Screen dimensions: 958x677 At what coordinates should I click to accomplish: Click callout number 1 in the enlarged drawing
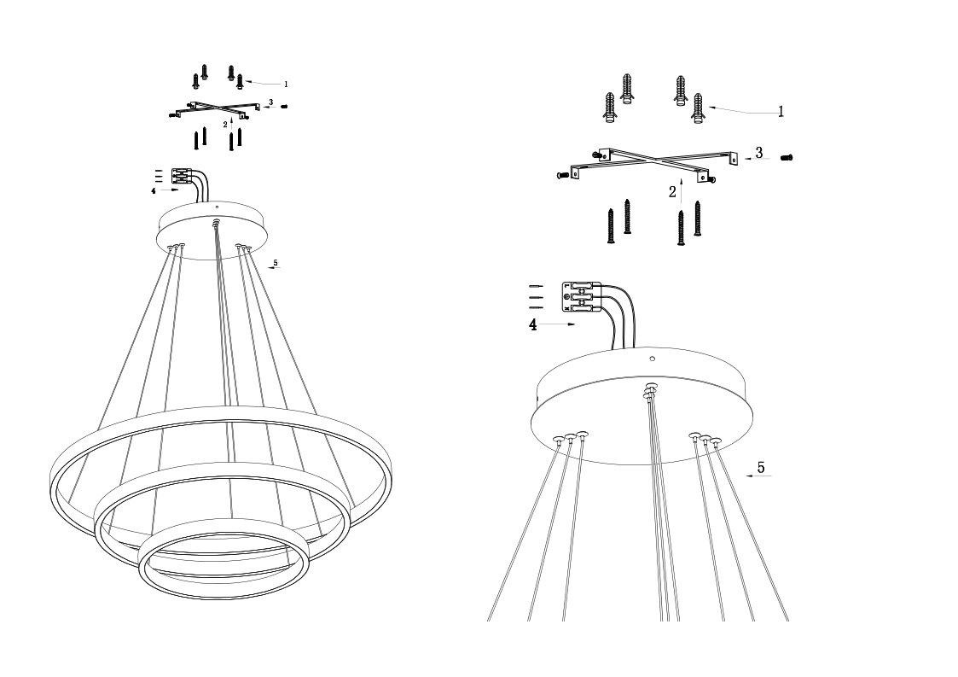pos(781,111)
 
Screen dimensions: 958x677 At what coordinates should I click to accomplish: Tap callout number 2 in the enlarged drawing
pos(673,192)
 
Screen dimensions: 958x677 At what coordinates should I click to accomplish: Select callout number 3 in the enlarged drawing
pos(759,153)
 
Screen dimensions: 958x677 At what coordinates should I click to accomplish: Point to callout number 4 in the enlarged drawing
pos(533,325)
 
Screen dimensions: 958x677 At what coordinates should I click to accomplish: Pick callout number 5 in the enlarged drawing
pos(761,468)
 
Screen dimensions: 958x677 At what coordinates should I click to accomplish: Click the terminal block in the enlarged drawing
pos(581,297)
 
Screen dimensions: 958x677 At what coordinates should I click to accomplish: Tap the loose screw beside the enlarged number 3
pos(787,158)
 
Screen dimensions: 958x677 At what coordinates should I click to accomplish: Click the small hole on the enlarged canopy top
pos(652,359)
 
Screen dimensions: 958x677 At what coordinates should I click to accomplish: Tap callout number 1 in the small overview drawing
pos(285,85)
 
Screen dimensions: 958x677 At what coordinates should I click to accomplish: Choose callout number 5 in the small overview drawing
pos(276,263)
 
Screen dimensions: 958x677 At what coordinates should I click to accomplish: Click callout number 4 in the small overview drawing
pos(154,191)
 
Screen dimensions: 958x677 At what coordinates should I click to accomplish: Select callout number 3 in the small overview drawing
pos(270,102)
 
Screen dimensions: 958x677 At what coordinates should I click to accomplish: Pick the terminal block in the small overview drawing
pos(180,176)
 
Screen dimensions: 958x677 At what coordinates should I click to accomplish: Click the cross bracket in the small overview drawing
pos(212,109)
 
